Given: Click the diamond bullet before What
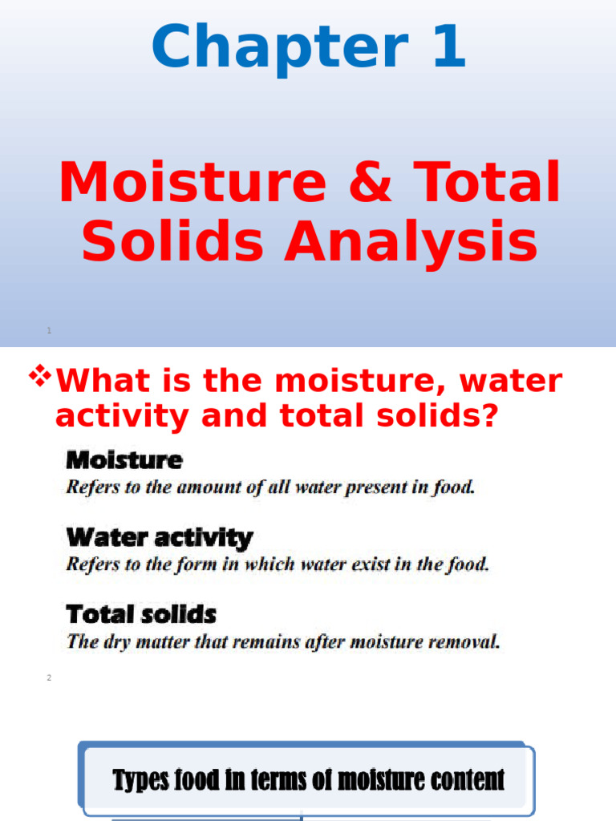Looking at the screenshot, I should [39, 375].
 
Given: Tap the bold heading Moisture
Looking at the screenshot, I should [124, 461].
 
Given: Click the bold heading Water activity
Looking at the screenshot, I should [159, 537].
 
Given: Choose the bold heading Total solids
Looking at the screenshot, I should [141, 615].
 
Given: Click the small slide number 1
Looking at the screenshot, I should [49, 330].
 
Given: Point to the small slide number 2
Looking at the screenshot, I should [49, 678].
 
